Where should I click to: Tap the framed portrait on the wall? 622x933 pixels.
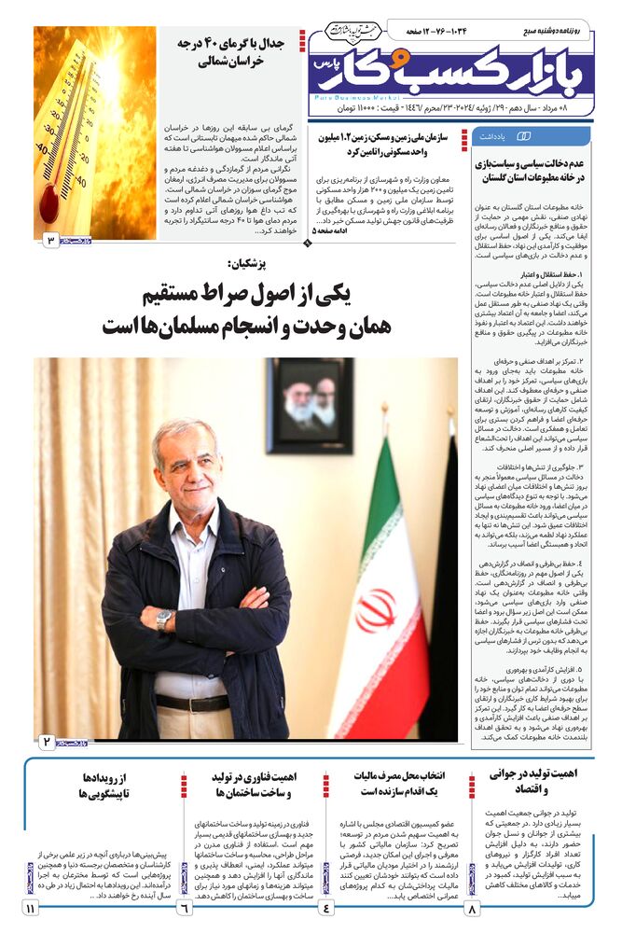pos(309,406)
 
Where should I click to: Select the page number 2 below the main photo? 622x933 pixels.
pos(48,742)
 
